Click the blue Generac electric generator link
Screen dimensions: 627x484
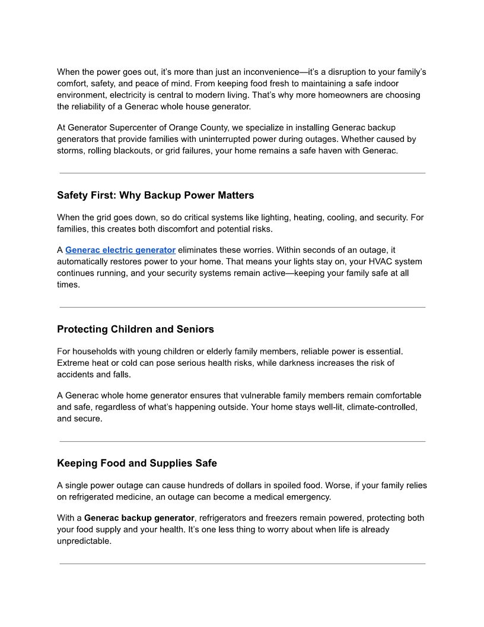point(120,250)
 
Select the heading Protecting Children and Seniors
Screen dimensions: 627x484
point(135,329)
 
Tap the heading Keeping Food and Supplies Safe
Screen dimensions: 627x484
point(137,463)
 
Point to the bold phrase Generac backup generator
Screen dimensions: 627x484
point(139,518)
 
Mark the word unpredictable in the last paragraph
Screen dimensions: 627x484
point(84,541)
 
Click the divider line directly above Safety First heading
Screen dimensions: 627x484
point(242,173)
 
